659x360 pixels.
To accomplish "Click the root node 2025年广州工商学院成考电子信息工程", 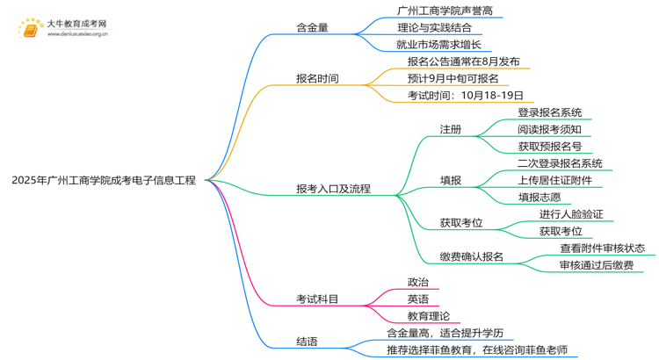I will tap(105, 181).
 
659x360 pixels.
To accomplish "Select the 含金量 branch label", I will tap(312, 27).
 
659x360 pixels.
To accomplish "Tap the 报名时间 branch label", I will tap(317, 78).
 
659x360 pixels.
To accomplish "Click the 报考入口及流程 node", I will tap(333, 188).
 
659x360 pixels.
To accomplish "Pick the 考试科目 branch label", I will tap(317, 299).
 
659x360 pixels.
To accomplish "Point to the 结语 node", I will tap(307, 342).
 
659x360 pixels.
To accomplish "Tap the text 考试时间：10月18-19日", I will tap(465, 95).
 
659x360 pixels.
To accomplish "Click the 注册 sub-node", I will tap(450, 129).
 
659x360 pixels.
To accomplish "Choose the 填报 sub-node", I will tap(450, 180).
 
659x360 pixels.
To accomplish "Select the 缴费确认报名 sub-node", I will tap(471, 256).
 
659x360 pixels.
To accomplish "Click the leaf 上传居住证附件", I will tap(554, 180).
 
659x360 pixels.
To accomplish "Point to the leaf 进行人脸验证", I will tap(571, 214).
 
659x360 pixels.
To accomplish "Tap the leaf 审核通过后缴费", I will tap(596, 264).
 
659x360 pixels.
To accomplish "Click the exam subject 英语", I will tap(417, 299).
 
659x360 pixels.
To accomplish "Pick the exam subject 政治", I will tap(417, 282).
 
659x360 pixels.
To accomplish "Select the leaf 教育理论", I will tap(428, 316).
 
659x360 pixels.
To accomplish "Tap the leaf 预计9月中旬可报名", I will tap(453, 78).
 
